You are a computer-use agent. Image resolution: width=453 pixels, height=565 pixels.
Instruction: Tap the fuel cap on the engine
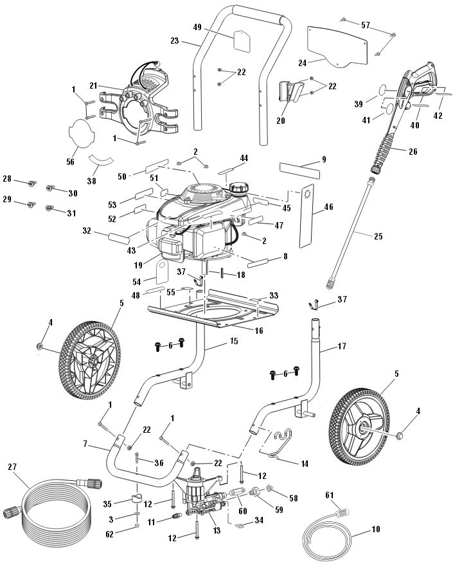tap(239, 189)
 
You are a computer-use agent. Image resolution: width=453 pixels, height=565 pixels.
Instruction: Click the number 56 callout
tap(71, 162)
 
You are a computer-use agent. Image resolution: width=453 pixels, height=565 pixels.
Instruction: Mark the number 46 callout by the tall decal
tap(328, 207)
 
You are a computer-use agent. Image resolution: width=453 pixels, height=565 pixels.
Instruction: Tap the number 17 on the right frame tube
tap(341, 347)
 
